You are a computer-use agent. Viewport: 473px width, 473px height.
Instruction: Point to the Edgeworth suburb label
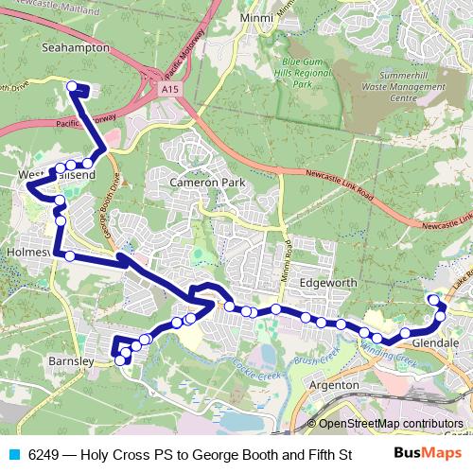coord(328,282)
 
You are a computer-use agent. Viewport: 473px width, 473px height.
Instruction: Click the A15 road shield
coord(169,88)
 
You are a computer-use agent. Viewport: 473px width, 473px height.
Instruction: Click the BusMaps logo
coord(421,453)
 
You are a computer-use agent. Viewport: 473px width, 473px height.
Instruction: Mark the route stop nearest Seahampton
coord(71,87)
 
